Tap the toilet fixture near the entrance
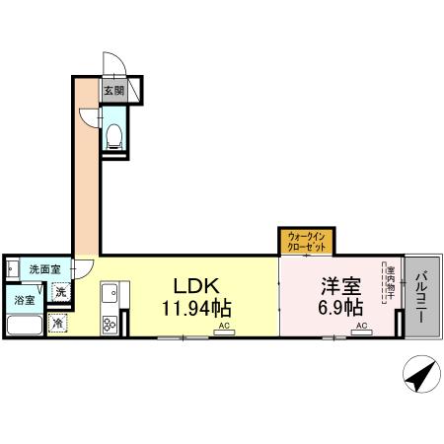pos(113,134)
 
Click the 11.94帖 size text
pos(197,307)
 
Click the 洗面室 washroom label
pos(43,269)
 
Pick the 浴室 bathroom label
pos(24,300)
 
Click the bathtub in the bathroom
pos(24,327)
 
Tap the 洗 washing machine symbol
pos(60,292)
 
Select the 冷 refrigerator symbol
pos(58,323)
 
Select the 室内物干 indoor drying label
pos(390,280)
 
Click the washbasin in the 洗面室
pos(12,267)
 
